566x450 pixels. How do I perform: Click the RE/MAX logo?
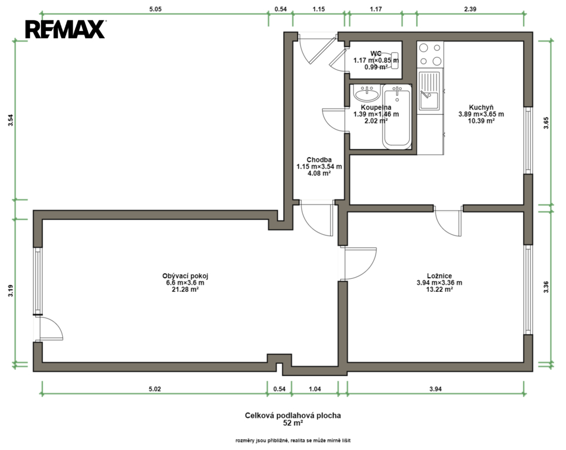coord(65,29)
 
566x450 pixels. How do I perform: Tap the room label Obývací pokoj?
coord(185,276)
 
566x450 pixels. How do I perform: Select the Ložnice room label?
coord(439,276)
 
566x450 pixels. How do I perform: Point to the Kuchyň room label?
coord(481,107)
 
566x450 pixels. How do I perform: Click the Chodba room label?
coord(319,160)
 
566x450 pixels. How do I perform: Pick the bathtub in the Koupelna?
coord(397,117)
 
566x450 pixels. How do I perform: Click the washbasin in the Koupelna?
coord(367,94)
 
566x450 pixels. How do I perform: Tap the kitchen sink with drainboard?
coord(429,91)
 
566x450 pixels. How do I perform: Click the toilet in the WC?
coord(389,60)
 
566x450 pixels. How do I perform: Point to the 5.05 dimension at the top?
coord(155,9)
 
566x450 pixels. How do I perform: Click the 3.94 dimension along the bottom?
coord(435,388)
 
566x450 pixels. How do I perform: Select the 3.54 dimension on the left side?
coord(11,120)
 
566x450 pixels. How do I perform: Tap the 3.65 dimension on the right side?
coord(546,123)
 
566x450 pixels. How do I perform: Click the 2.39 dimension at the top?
coord(470,9)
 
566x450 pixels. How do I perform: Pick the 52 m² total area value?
coord(293,423)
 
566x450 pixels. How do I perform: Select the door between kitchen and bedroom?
coord(448,221)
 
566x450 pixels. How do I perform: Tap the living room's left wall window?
coord(38,281)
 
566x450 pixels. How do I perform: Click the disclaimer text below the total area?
coord(293,440)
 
